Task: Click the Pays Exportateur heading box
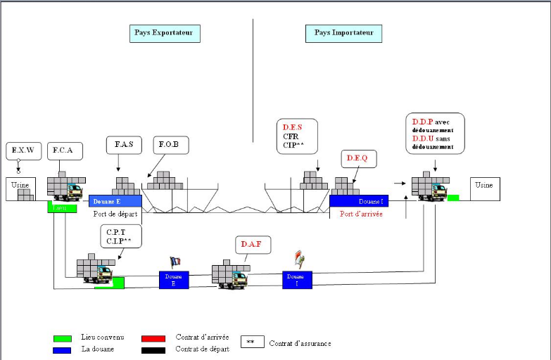point(167,33)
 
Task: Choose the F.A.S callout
point(124,146)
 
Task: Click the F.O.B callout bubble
point(168,146)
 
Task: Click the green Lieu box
point(62,207)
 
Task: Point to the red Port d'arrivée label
point(361,214)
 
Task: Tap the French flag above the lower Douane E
point(175,262)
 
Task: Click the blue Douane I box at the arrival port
point(359,201)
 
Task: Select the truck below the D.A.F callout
point(229,275)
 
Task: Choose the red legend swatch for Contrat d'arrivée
point(153,338)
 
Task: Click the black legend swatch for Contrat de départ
point(153,349)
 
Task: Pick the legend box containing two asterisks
point(251,342)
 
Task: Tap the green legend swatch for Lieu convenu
point(62,338)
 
